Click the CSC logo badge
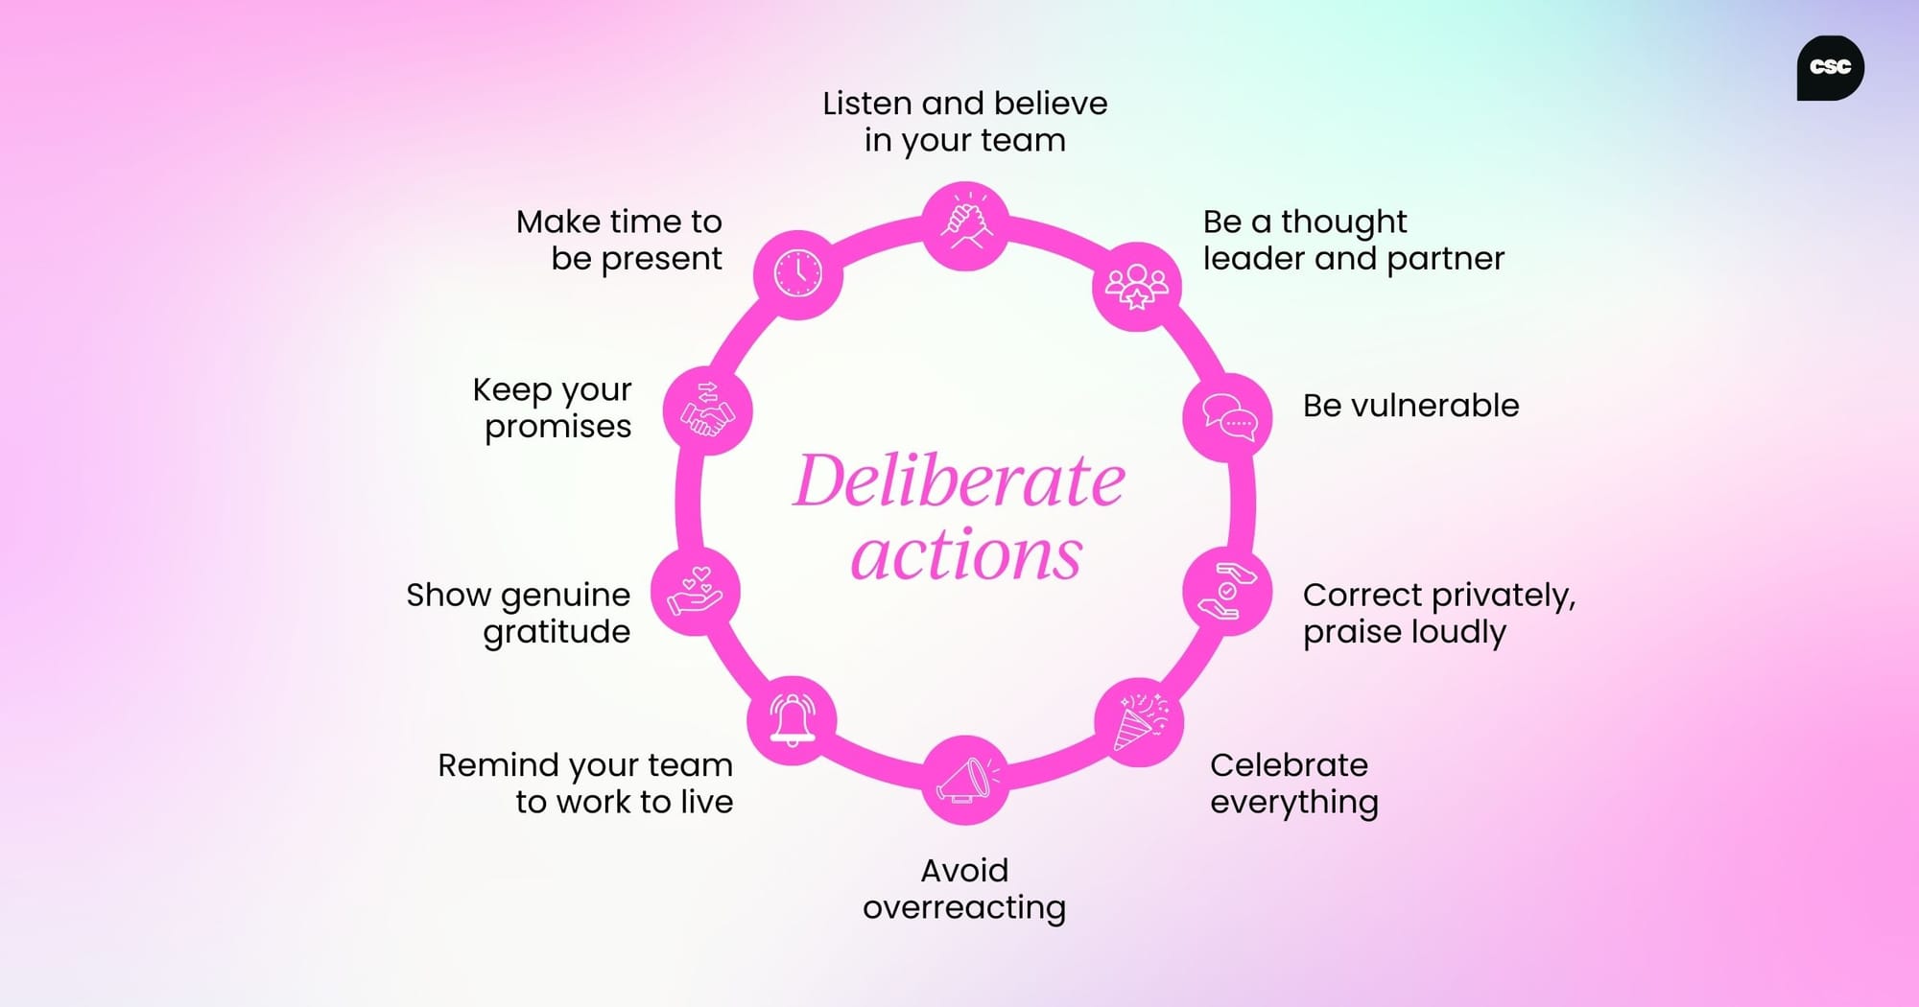[x=1830, y=67]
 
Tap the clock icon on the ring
[x=798, y=274]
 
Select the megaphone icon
[x=965, y=780]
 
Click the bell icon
[x=793, y=719]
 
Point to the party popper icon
[x=1139, y=722]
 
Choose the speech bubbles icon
[x=1228, y=417]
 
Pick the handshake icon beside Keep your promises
[x=707, y=411]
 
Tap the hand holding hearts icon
[x=696, y=592]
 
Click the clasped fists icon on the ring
[x=965, y=225]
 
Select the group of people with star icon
[x=1137, y=287]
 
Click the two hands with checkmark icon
[x=1227, y=592]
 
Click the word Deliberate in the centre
[x=959, y=480]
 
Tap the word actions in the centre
[x=966, y=555]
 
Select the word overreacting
[x=964, y=907]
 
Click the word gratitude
[x=557, y=632]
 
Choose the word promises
[x=557, y=427]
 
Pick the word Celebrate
[x=1289, y=765]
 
